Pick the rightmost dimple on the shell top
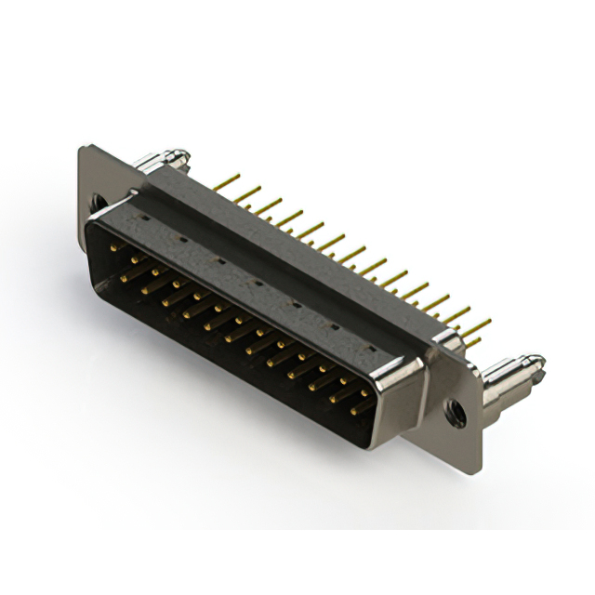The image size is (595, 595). pos(370,347)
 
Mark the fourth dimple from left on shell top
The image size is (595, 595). pos(254,280)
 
